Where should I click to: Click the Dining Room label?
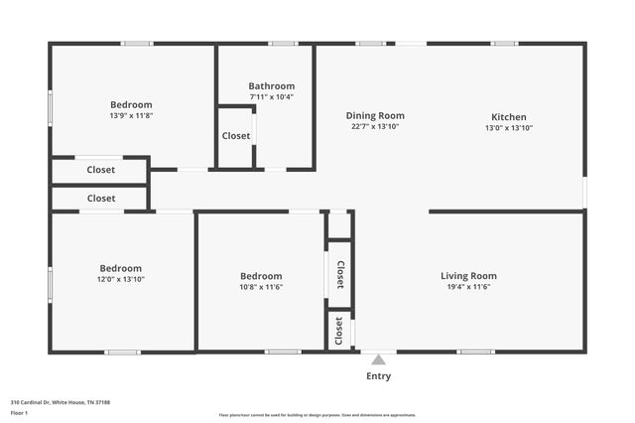[x=375, y=115]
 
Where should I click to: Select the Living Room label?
[x=469, y=275]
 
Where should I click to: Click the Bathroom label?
[x=271, y=85]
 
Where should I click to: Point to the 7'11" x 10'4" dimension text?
[x=271, y=97]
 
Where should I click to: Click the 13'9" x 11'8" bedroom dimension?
[x=131, y=116]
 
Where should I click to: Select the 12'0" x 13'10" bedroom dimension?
[x=121, y=279]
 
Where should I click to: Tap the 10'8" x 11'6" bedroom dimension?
[x=261, y=287]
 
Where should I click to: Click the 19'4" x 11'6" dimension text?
[x=469, y=287]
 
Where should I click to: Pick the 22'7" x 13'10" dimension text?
[x=375, y=127]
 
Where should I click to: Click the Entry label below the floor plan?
[x=378, y=376]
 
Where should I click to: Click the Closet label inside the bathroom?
[x=236, y=136]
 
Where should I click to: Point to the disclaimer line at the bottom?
[x=317, y=415]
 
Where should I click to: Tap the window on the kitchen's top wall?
[x=504, y=43]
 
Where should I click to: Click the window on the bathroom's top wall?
[x=283, y=43]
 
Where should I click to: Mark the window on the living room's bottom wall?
[x=475, y=352]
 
